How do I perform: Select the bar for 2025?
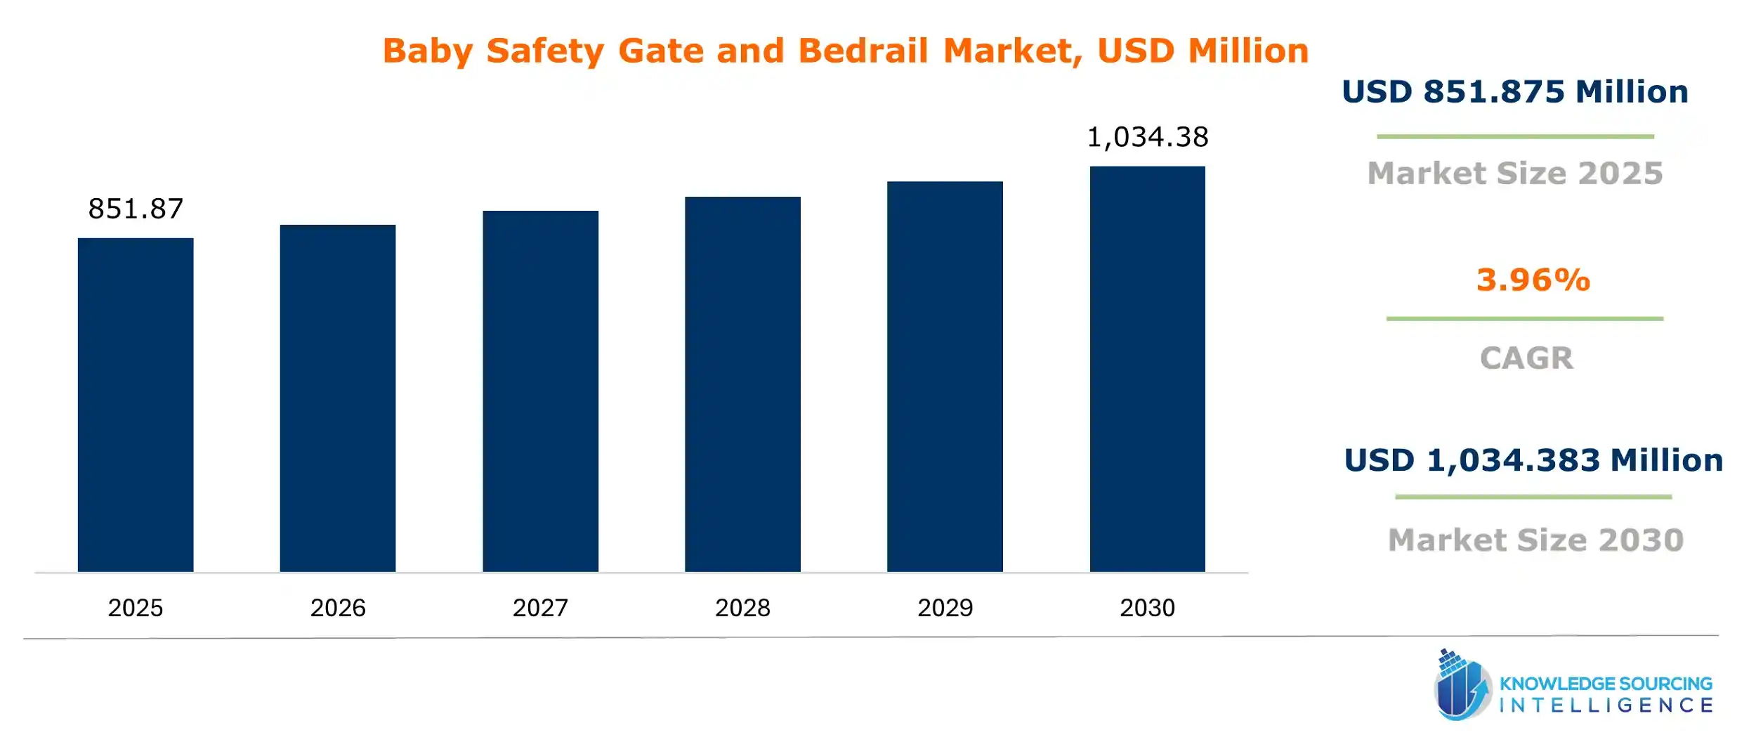[136, 405]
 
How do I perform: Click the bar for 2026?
[338, 398]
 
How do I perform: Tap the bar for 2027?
[540, 391]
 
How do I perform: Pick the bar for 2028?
[742, 384]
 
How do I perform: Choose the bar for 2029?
[945, 377]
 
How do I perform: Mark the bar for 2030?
[1147, 369]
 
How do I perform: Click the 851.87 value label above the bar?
[136, 209]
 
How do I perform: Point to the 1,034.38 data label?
[1147, 137]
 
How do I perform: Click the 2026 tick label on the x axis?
[338, 608]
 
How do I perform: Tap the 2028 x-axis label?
[742, 608]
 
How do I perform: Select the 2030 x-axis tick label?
[1147, 608]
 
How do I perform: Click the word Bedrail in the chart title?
[863, 51]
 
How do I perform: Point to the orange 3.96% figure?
[1533, 280]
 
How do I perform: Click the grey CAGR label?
[1526, 358]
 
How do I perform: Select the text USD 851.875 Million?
[1515, 92]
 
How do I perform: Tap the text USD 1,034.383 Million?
[1533, 460]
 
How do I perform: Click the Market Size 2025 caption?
[1515, 174]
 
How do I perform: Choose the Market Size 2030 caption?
[1536, 540]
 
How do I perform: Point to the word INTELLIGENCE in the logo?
[1606, 705]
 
